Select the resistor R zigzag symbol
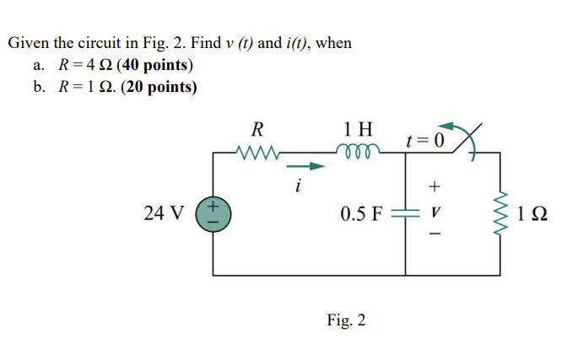(x=258, y=154)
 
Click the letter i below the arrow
(x=297, y=185)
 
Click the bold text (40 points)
(x=155, y=65)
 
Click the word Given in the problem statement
(x=28, y=42)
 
